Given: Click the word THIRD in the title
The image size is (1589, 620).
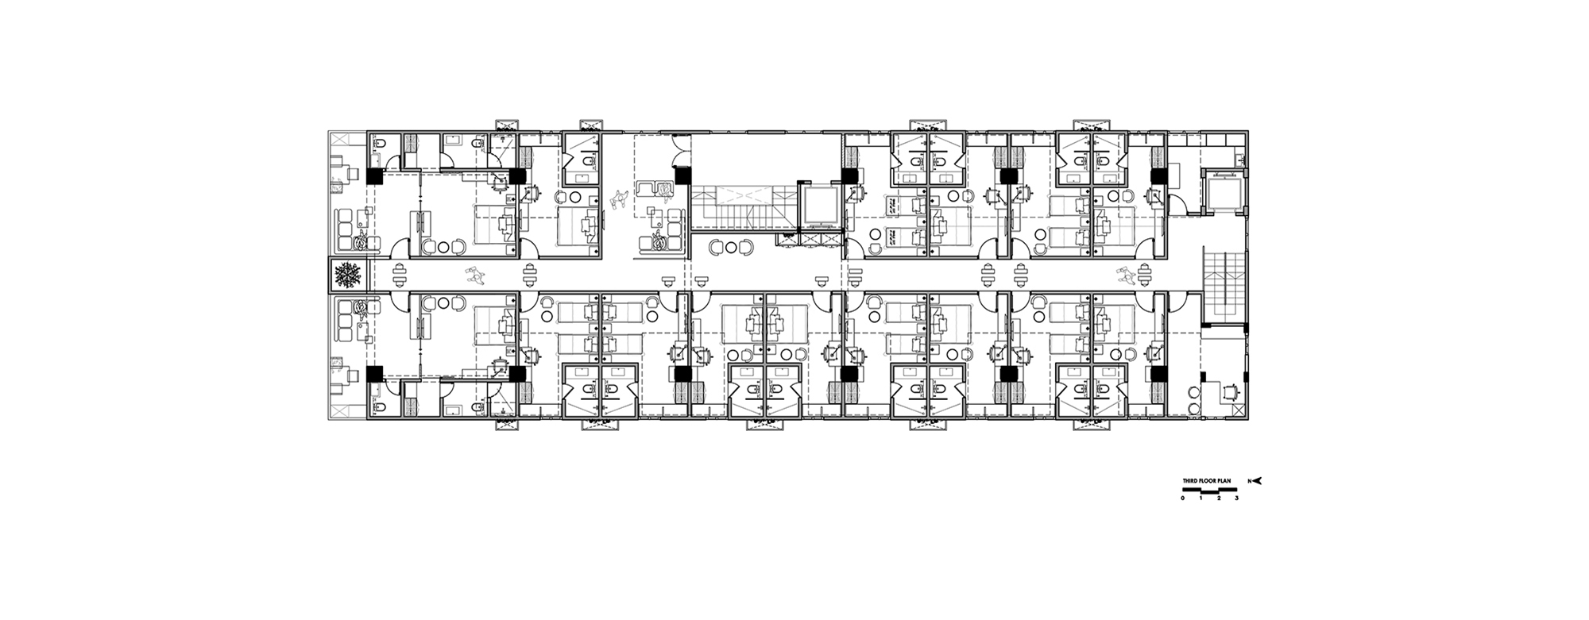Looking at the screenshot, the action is (1189, 481).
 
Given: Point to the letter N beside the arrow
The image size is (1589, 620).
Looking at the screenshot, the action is (1249, 481).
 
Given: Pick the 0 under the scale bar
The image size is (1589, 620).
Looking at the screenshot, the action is (1182, 498).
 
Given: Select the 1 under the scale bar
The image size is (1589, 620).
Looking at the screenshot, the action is (1200, 498).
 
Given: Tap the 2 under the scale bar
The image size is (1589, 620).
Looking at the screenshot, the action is (1219, 498).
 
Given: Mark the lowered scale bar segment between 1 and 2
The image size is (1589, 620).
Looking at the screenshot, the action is (1209, 491).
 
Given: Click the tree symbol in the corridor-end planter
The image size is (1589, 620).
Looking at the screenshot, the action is (347, 275).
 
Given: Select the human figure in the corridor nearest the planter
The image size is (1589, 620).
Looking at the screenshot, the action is (477, 276).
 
